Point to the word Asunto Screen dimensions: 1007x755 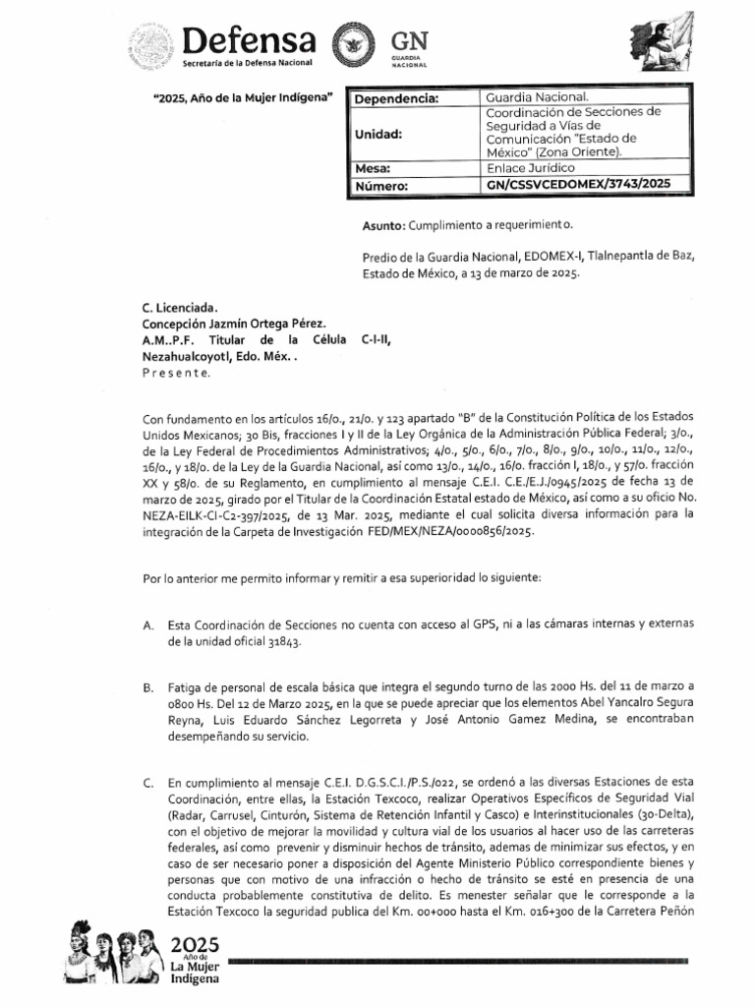pos(381,226)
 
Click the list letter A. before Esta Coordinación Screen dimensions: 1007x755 pos(148,624)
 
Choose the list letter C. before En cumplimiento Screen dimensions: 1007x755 pos(148,782)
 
